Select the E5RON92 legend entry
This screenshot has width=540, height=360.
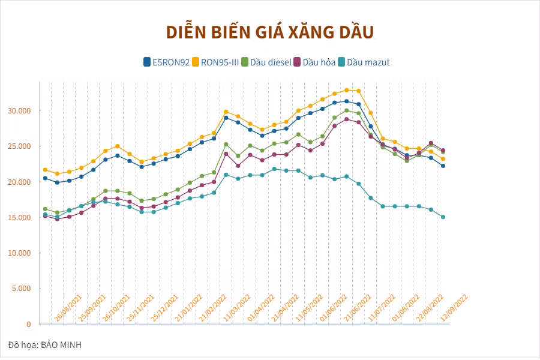(x=167, y=62)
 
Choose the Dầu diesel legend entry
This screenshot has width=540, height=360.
(x=266, y=62)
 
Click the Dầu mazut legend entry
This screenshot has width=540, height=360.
(x=364, y=62)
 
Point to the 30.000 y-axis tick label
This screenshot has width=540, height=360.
(x=20, y=111)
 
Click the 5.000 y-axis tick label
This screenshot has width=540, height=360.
(x=23, y=289)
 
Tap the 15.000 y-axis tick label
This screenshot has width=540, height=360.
(x=20, y=217)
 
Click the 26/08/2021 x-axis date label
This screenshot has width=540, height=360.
(x=68, y=308)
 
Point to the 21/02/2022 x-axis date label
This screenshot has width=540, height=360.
(x=212, y=308)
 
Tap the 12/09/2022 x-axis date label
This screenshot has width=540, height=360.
(x=454, y=308)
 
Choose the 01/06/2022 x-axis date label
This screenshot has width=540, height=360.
(x=334, y=308)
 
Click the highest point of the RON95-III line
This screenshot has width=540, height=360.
(x=346, y=90)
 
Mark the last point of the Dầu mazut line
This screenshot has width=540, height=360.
(x=443, y=217)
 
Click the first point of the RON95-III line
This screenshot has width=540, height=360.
(x=45, y=170)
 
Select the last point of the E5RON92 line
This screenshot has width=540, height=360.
(x=443, y=166)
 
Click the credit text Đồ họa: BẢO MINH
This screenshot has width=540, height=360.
(x=45, y=345)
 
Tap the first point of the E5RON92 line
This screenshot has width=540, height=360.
(x=45, y=178)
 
